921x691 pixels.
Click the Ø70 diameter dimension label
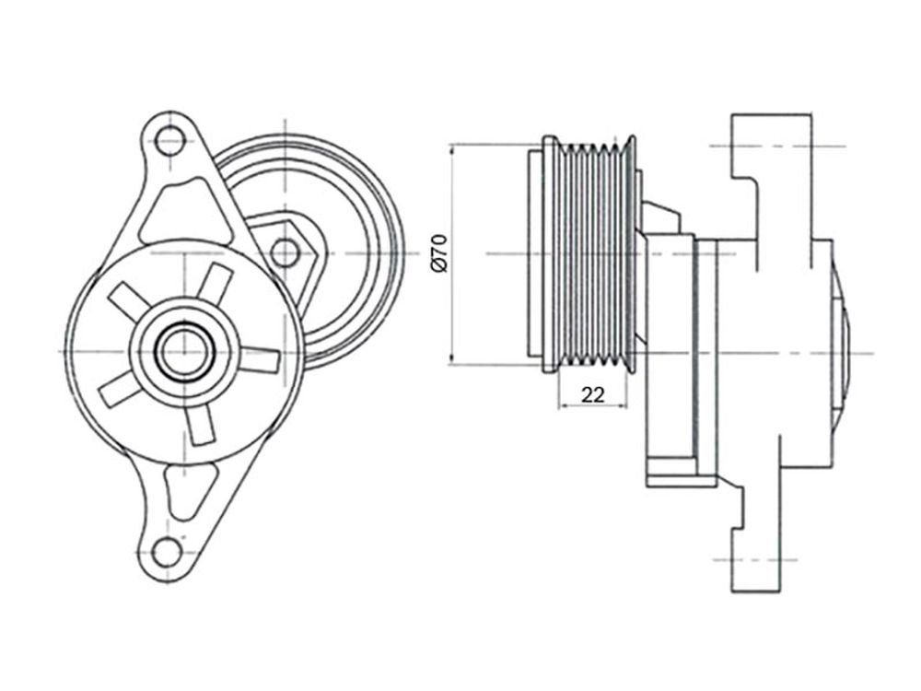click(x=440, y=253)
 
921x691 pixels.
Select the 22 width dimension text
click(x=592, y=394)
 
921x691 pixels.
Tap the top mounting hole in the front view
click(x=169, y=141)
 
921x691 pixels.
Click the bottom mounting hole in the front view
click(x=168, y=551)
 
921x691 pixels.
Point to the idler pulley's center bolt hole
click(x=286, y=252)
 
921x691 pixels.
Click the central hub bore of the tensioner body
click(x=184, y=352)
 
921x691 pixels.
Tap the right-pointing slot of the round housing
click(x=260, y=360)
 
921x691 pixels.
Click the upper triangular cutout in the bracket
click(x=182, y=214)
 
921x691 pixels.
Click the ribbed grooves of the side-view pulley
click(x=592, y=254)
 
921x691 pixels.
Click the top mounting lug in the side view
click(x=772, y=146)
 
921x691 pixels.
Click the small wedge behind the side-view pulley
click(x=660, y=217)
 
